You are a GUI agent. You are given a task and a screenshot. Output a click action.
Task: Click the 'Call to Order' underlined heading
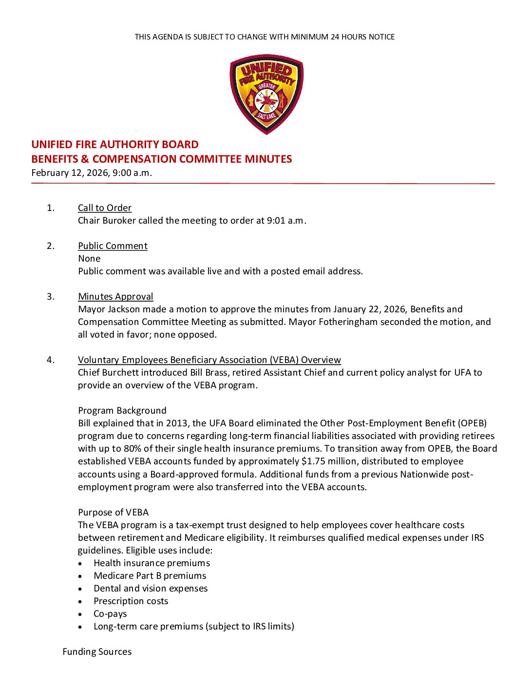coord(105,208)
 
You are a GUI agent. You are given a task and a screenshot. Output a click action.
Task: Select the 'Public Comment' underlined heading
coord(113,246)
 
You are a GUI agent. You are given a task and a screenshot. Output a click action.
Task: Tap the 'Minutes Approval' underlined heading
coord(115,297)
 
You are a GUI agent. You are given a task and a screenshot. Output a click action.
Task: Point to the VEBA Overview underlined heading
coord(209,360)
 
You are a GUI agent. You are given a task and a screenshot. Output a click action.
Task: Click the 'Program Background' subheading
coord(122,411)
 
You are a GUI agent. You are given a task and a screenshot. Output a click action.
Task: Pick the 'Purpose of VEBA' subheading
coord(114,513)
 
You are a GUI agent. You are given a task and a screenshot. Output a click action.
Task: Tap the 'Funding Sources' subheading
coord(97,652)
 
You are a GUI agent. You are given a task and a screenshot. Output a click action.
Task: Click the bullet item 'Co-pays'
coord(110,614)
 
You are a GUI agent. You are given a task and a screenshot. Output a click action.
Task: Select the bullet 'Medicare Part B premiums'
coord(150,576)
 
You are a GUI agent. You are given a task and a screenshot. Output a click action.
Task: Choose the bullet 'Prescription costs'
coord(131,601)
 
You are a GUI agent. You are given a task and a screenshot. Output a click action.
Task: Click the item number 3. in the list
coord(51,297)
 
